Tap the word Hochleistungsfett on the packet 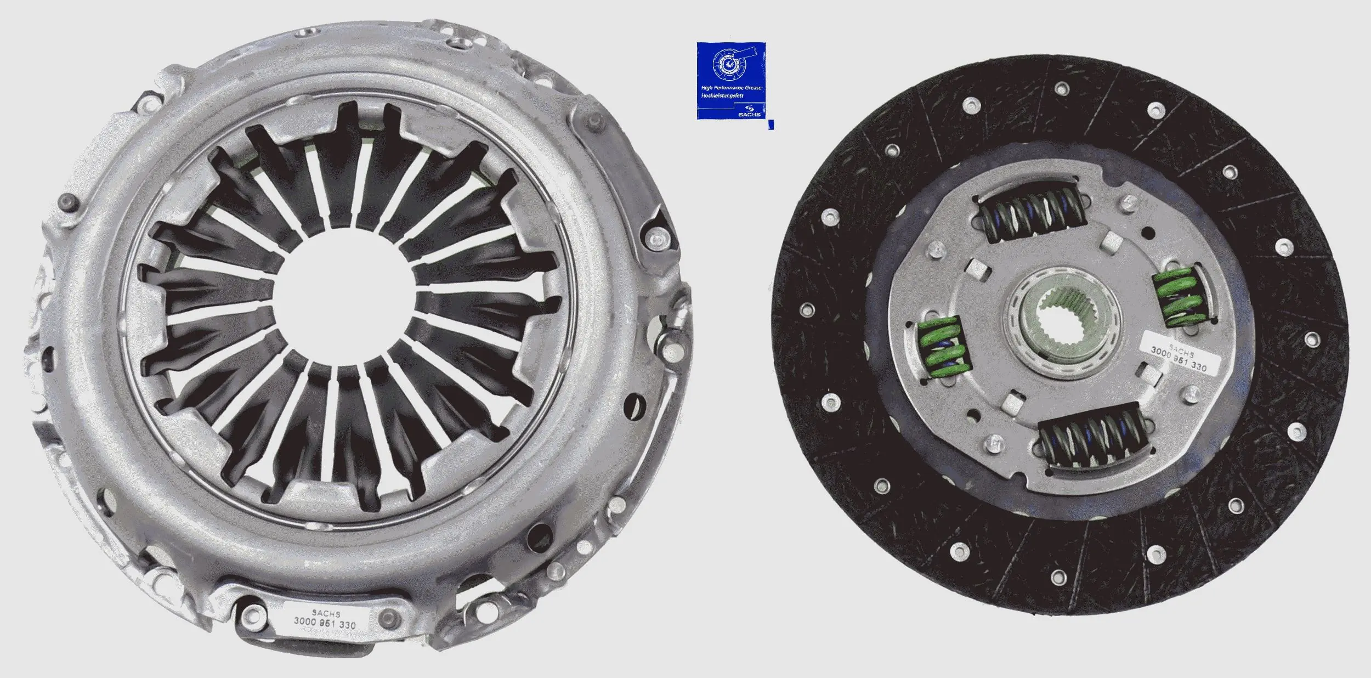[x=722, y=96]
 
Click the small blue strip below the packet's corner [x=771, y=125]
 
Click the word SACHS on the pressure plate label [x=326, y=614]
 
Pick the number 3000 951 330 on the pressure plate [x=325, y=623]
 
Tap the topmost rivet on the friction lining [x=1062, y=88]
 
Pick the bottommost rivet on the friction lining [x=1058, y=575]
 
